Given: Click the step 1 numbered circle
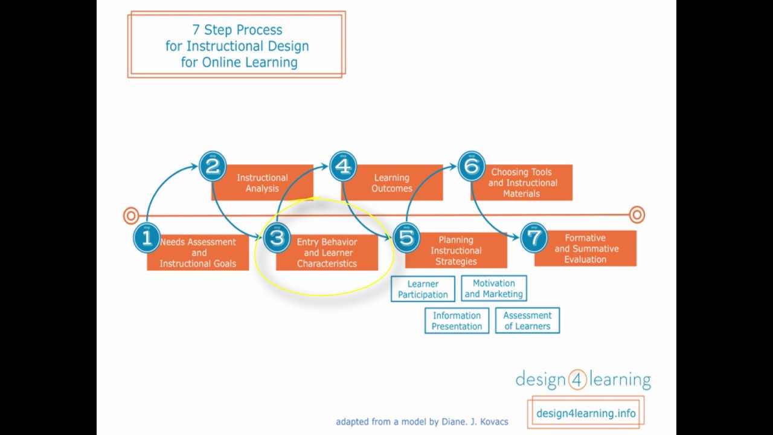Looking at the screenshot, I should (146, 238).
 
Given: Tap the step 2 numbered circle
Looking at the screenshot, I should (212, 167).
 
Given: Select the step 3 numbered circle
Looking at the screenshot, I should (277, 238).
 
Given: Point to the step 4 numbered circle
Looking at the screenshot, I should (342, 166).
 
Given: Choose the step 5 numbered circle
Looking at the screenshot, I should (406, 237).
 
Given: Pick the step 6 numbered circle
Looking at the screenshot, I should (471, 166).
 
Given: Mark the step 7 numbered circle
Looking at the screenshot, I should (534, 237).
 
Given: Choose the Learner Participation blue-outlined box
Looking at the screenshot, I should (423, 289).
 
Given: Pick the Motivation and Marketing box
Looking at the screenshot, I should (493, 288).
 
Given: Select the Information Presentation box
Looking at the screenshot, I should (457, 321).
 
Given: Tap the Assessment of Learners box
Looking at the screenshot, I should (527, 321).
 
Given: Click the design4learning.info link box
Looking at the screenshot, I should (586, 413).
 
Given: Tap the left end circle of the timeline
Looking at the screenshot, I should (131, 216).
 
